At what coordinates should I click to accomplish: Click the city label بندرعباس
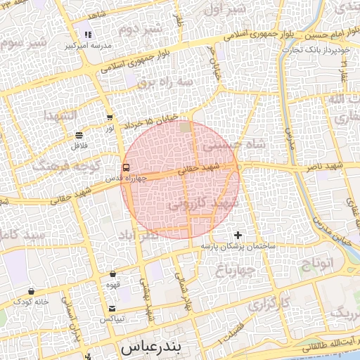pyautogui.click(x=151, y=348)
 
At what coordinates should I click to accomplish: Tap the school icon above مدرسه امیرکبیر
pyautogui.click(x=88, y=34)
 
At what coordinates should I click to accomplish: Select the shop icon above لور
pyautogui.click(x=109, y=118)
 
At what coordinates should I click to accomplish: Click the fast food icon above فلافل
pyautogui.click(x=78, y=134)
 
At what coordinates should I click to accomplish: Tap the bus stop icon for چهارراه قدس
pyautogui.click(x=126, y=167)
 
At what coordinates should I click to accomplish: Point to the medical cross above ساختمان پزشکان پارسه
pyautogui.click(x=238, y=235)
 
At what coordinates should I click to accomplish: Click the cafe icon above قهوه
pyautogui.click(x=112, y=274)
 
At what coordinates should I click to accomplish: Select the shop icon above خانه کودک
pyautogui.click(x=31, y=290)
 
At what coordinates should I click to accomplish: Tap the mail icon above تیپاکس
pyautogui.click(x=112, y=309)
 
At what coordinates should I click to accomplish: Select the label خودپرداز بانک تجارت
pyautogui.click(x=328, y=50)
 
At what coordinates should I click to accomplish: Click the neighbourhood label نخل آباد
pyautogui.click(x=137, y=236)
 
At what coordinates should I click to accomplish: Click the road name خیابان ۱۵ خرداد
pyautogui.click(x=160, y=121)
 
